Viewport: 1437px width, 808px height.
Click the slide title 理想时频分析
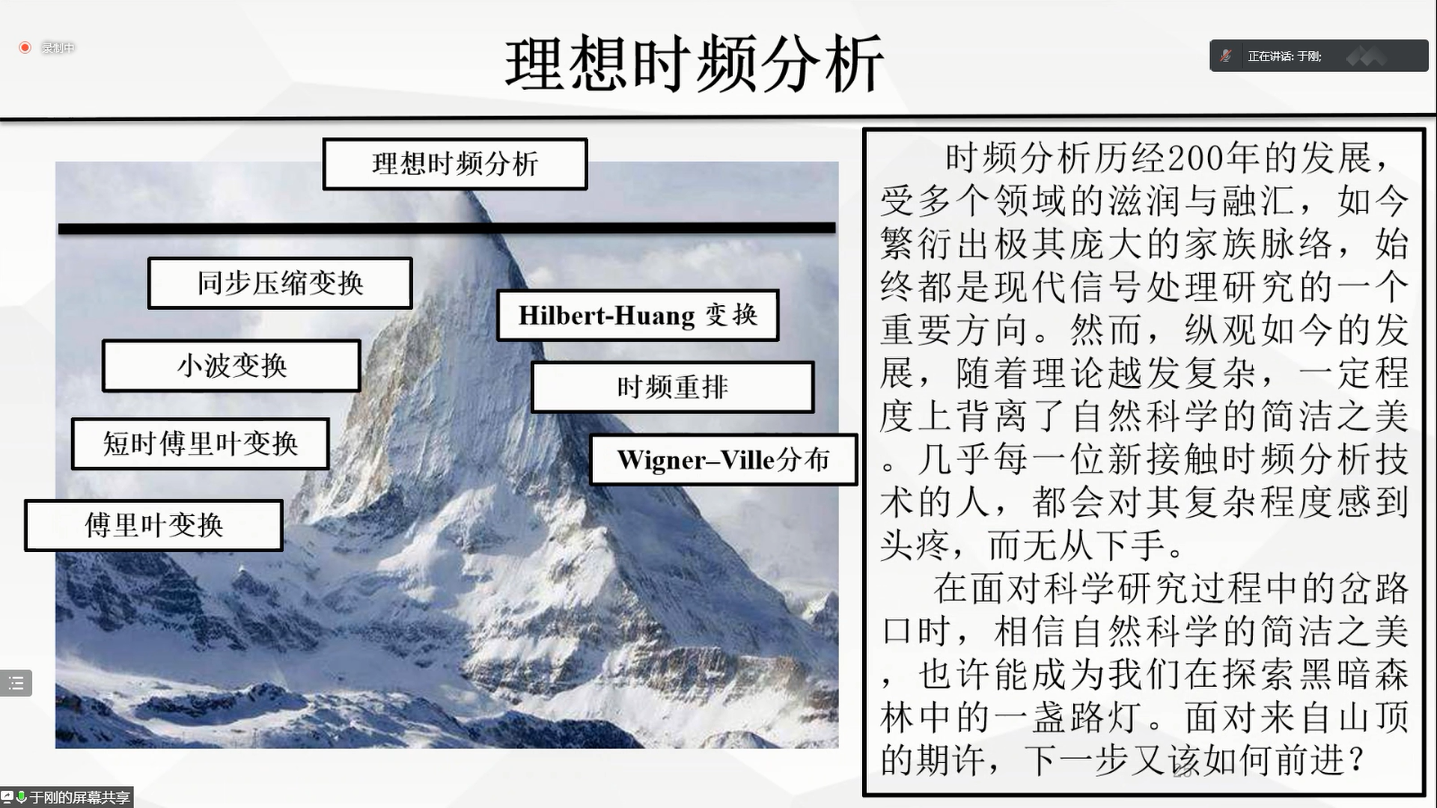[695, 64]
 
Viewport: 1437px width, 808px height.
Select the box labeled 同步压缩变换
[280, 283]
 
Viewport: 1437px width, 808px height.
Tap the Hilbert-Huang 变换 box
[638, 315]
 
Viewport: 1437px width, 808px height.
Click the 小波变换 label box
[231, 366]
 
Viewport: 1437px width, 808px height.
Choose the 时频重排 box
[672, 387]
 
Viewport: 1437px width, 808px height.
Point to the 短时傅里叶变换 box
[200, 444]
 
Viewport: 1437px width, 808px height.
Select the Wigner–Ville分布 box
[723, 459]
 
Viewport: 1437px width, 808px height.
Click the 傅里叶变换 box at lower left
[153, 525]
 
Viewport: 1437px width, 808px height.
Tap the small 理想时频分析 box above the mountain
[455, 164]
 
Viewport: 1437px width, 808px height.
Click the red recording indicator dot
[25, 48]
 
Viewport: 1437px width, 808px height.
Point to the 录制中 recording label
[58, 48]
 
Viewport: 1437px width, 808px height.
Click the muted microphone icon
[1226, 55]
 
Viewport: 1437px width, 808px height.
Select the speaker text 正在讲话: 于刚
[1284, 56]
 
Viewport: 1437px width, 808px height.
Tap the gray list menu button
[16, 683]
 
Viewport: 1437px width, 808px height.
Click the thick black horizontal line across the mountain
[447, 228]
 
